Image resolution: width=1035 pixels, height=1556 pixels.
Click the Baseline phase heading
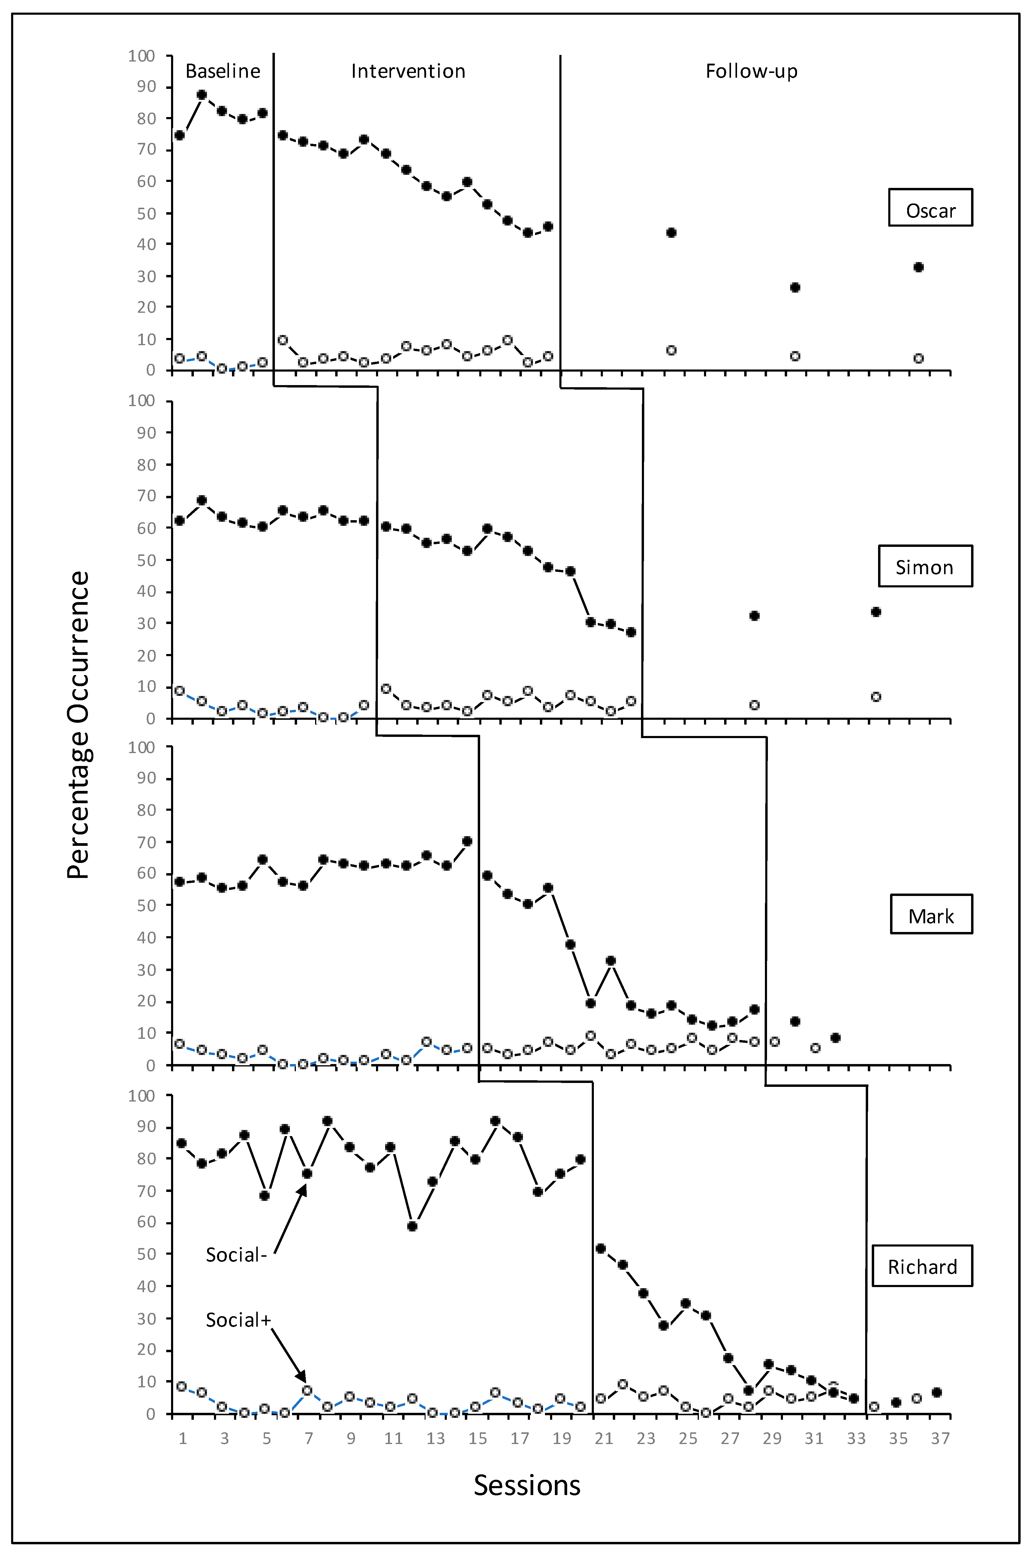coord(222,71)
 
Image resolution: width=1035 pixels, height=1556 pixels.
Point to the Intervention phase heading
coord(408,71)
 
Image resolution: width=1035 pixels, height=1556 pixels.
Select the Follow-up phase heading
coord(751,71)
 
